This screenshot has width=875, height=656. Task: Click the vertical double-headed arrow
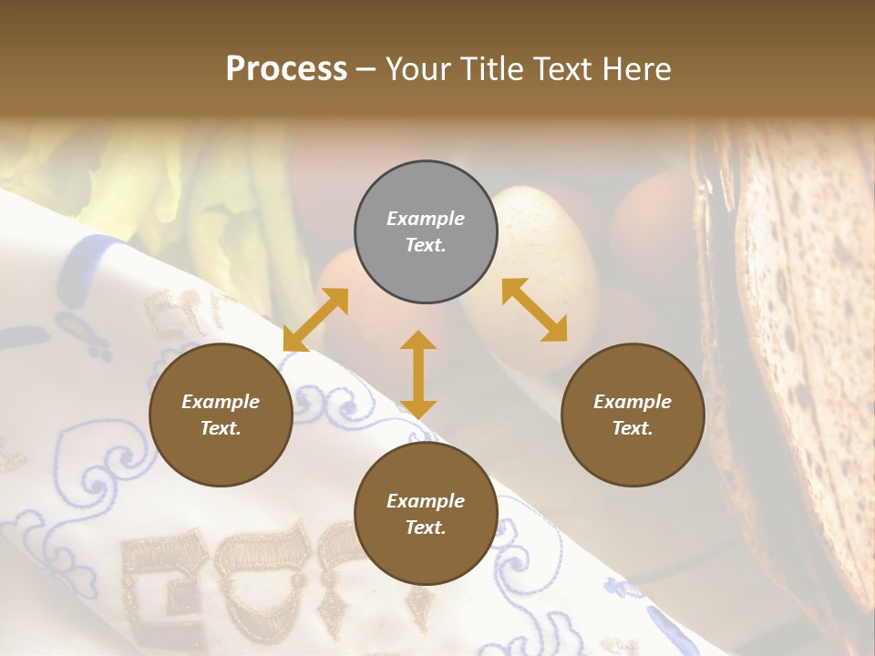(418, 374)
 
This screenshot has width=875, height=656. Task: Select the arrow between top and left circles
(315, 320)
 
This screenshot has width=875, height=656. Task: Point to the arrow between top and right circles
(534, 310)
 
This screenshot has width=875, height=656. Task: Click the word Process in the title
(286, 68)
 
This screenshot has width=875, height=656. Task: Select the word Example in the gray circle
(426, 219)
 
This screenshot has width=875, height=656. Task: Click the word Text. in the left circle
(221, 428)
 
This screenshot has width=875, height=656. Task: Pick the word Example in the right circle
(633, 402)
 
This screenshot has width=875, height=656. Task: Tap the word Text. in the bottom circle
(426, 528)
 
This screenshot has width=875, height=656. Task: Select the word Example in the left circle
(221, 402)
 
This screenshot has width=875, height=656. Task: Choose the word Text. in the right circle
(633, 428)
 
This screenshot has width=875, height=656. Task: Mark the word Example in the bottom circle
(426, 501)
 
